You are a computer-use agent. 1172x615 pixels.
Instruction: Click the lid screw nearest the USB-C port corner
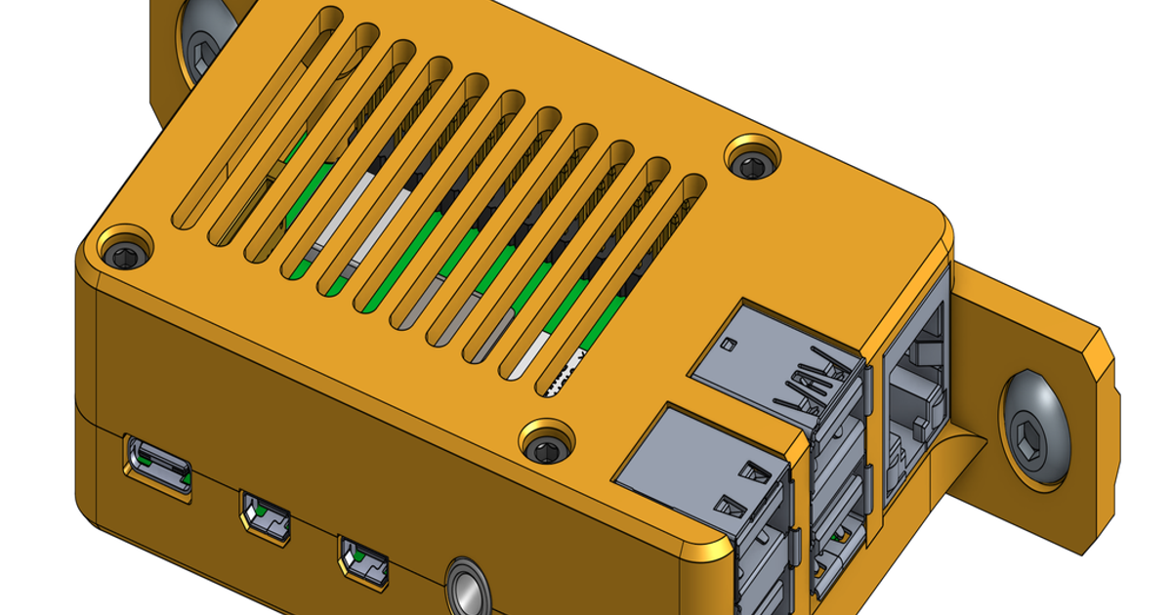click(125, 256)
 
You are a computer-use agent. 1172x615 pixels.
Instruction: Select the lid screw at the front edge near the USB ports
click(545, 448)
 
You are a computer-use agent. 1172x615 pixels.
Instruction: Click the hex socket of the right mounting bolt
click(1033, 429)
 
